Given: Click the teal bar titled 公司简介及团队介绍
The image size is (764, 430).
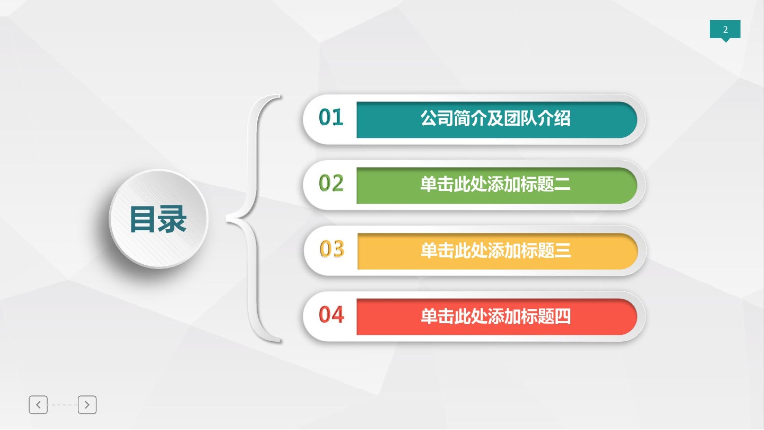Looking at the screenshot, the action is pyautogui.click(x=497, y=120).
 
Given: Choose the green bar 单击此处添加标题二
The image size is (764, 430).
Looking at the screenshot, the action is pyautogui.click(x=497, y=186).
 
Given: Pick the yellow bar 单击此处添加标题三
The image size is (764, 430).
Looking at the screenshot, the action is pyautogui.click(x=497, y=251).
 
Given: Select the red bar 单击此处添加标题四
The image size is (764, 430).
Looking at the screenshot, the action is pyautogui.click(x=497, y=317).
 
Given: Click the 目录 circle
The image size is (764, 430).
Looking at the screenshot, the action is pyautogui.click(x=159, y=219).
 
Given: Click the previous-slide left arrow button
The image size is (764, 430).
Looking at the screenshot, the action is pyautogui.click(x=38, y=405).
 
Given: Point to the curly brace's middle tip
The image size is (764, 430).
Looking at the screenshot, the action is pyautogui.click(x=227, y=219).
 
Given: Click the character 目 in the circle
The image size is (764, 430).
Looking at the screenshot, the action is pyautogui.click(x=143, y=219).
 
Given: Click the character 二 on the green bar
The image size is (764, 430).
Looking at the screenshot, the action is pyautogui.click(x=562, y=184).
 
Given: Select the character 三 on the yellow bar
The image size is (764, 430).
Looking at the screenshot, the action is pyautogui.click(x=563, y=250).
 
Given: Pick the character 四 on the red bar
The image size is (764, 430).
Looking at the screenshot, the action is pyautogui.click(x=562, y=316).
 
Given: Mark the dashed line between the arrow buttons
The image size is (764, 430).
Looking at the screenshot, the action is pyautogui.click(x=63, y=405).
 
